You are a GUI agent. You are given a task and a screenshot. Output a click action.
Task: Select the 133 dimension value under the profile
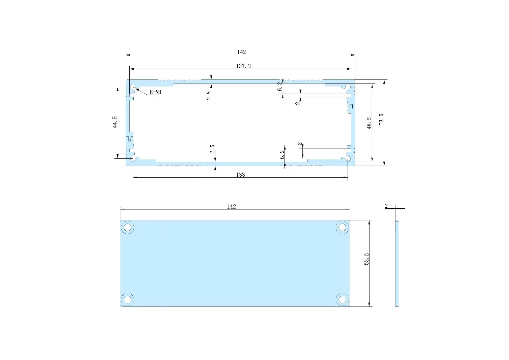[241, 175]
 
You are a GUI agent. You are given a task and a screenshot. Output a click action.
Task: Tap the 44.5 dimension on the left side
[115, 123]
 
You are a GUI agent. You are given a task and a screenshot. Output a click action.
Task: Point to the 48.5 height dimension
[369, 123]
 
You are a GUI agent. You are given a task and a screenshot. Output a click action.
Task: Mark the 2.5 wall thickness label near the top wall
[209, 95]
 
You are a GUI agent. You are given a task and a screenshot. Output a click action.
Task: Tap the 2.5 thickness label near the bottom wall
[212, 149]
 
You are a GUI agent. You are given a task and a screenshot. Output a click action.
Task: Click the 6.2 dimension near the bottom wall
[282, 155]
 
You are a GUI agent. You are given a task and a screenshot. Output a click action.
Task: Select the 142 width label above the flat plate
[232, 207]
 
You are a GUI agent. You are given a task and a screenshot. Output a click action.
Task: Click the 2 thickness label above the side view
[386, 206]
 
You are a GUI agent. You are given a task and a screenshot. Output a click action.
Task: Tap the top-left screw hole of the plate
[127, 227]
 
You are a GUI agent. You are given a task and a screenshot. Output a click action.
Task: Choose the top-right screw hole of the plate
[343, 227]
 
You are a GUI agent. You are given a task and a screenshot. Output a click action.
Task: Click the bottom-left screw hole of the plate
[127, 298]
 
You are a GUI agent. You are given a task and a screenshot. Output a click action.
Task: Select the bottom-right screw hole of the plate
[343, 298]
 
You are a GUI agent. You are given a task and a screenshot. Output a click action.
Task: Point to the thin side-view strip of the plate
[397, 263]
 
